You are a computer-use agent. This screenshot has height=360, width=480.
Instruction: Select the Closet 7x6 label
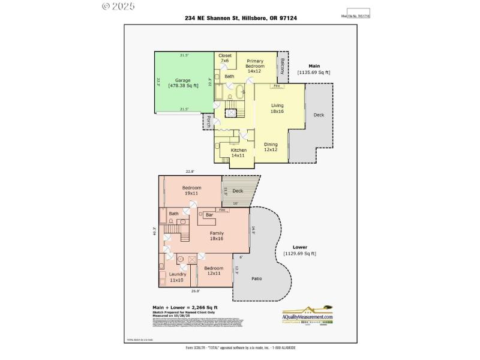[x=225, y=58]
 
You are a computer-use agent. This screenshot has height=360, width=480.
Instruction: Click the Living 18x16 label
[x=277, y=109]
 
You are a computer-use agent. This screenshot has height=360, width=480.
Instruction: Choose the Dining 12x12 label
[x=271, y=146]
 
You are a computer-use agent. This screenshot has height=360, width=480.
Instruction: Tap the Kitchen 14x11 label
[x=239, y=152]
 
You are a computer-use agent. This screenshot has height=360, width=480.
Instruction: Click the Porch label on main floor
[x=208, y=122]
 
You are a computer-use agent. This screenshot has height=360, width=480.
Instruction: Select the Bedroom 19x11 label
[x=191, y=191]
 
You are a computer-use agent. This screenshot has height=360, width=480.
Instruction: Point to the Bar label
[x=209, y=214]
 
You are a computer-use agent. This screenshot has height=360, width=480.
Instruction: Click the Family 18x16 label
[x=216, y=235]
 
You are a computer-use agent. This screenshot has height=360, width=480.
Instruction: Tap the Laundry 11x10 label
[x=177, y=277]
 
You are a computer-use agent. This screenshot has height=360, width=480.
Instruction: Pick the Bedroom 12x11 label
[x=213, y=271]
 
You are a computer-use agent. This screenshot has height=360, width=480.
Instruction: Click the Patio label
[x=257, y=279]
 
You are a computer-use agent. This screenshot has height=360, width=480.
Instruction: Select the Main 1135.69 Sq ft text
[x=314, y=69]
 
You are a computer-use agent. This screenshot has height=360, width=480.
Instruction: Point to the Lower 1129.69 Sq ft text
[x=299, y=250]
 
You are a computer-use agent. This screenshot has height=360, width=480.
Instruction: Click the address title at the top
[x=241, y=18]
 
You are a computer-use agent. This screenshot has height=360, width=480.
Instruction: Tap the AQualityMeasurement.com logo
[x=307, y=316]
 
